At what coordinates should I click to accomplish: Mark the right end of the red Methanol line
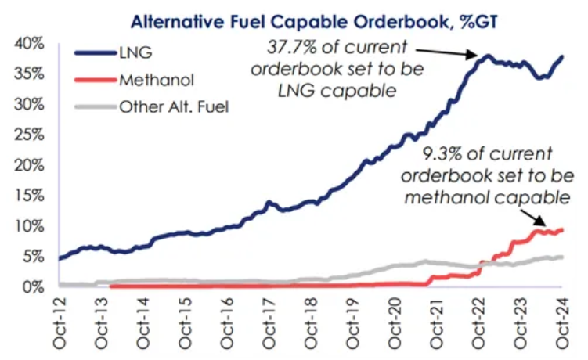(561, 229)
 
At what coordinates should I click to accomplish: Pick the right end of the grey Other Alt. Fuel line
(561, 257)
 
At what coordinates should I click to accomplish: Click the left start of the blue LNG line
(60, 257)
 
